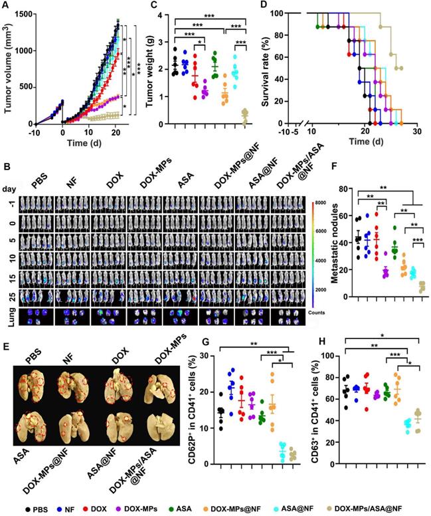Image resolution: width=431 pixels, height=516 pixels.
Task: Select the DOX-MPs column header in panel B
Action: point(143,178)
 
